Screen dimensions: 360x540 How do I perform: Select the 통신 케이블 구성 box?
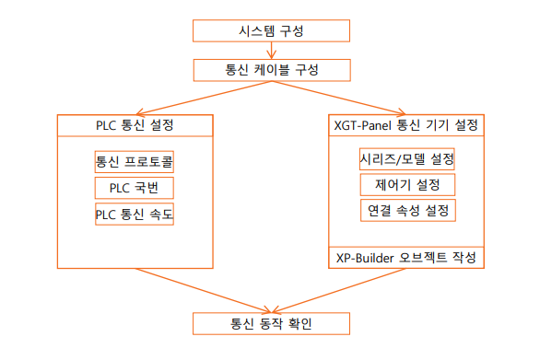pos(271,70)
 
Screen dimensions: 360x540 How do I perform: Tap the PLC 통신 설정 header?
pos(135,124)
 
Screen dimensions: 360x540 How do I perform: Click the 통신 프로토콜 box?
pos(135,162)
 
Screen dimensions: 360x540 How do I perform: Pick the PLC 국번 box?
pos(135,189)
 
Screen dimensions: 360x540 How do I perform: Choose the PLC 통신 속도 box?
pos(135,215)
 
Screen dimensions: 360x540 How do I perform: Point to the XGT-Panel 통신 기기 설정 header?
pos(406,124)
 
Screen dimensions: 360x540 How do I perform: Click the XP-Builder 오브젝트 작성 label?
pos(406,257)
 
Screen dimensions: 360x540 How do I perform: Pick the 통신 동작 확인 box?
pos(271,323)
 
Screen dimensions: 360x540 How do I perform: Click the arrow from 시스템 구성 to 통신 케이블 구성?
pos(271,51)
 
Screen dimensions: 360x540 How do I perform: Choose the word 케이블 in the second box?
pos(270,70)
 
